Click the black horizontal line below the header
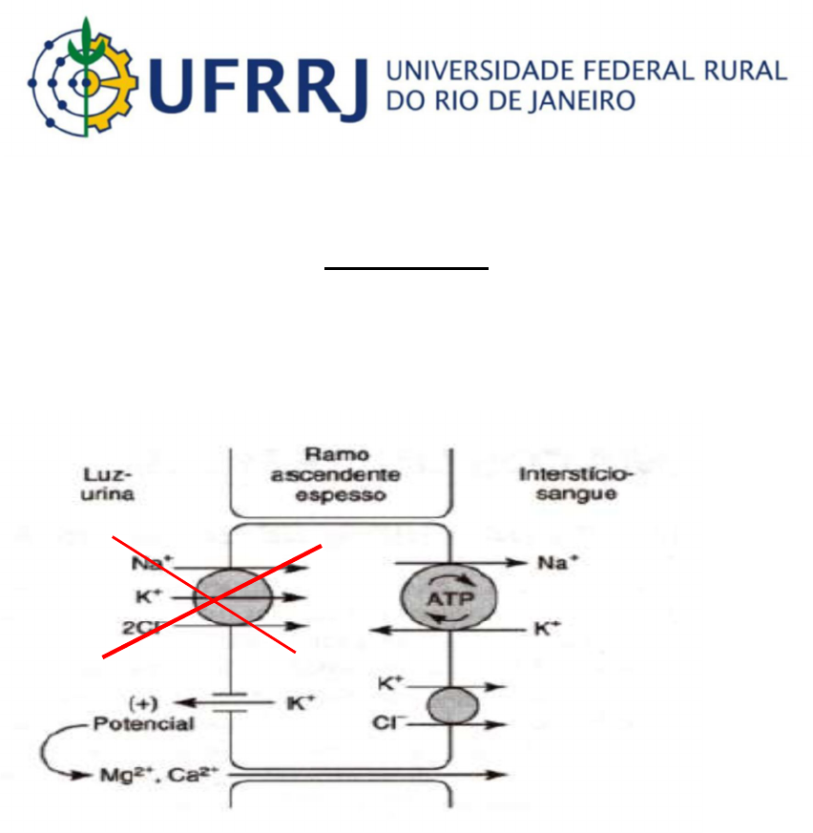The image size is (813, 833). [406, 269]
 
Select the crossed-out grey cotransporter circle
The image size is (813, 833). [232, 598]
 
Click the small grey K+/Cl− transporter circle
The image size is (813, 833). [450, 705]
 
